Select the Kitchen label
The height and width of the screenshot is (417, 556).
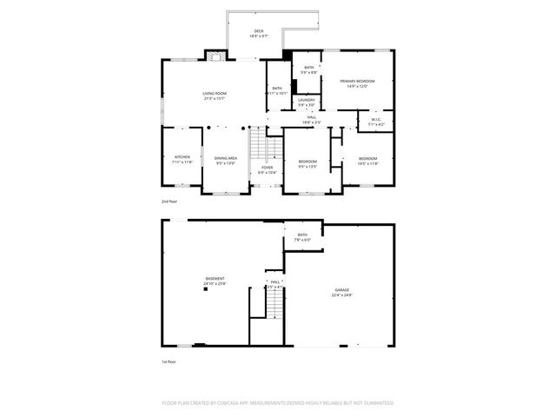pyautogui.click(x=182, y=157)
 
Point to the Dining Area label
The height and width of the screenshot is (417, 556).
pyautogui.click(x=226, y=157)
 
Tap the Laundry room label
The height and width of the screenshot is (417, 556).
pyautogui.click(x=306, y=100)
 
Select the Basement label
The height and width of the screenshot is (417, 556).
pyautogui.click(x=215, y=279)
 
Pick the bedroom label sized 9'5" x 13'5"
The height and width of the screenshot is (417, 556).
pyautogui.click(x=308, y=161)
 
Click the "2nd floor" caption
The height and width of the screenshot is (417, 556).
pyautogui.click(x=169, y=202)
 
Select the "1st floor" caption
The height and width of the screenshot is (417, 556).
pyautogui.click(x=169, y=361)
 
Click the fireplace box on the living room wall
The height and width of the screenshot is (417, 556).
pyautogui.click(x=215, y=56)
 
